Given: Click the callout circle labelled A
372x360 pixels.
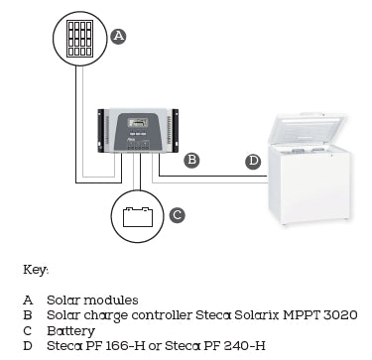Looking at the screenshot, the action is click(118, 36).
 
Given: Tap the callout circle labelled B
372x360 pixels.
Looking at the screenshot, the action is click(192, 159).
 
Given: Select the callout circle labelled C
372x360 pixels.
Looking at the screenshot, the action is click(176, 214).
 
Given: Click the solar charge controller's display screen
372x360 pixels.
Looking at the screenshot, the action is click(141, 122).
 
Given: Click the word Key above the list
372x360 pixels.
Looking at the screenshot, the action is click(35, 269).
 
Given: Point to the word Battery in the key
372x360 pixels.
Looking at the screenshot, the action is click(70, 329).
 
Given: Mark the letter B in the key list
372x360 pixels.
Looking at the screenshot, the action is click(27, 314).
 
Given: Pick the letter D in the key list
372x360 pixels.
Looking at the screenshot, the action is click(27, 344).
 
